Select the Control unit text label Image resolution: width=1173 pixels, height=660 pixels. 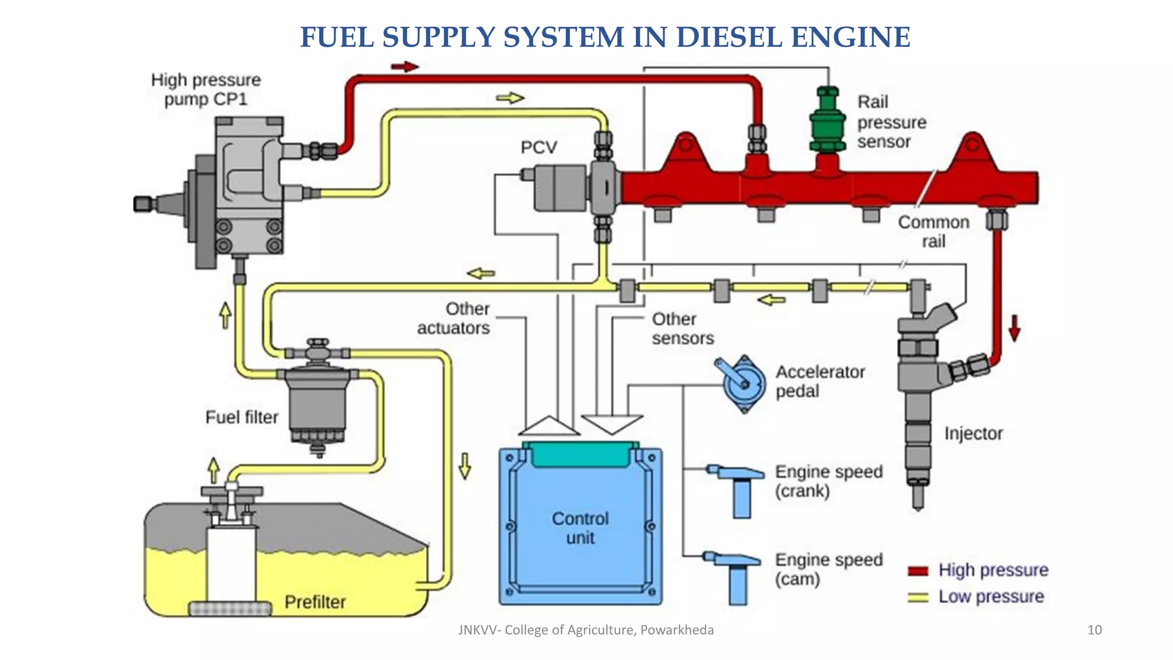(x=580, y=528)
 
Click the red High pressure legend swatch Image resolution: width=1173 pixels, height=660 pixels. (x=918, y=571)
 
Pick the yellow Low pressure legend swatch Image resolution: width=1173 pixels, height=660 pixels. (x=918, y=597)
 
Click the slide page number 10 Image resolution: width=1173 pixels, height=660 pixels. (x=1094, y=630)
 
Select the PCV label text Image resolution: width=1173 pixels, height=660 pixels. (x=538, y=148)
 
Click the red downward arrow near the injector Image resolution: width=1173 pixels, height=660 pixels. (x=1014, y=328)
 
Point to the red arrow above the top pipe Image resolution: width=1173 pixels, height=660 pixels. (x=405, y=67)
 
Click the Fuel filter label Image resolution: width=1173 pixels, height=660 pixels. (x=242, y=417)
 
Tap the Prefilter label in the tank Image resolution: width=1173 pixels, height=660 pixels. (x=315, y=602)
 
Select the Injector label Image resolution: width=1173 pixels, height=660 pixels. (x=973, y=434)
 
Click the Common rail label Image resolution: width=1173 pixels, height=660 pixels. (x=933, y=231)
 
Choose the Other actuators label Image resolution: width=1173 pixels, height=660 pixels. (x=453, y=319)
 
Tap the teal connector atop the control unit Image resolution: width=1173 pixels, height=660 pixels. (x=580, y=454)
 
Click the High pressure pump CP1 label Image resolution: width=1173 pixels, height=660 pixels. (x=206, y=89)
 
